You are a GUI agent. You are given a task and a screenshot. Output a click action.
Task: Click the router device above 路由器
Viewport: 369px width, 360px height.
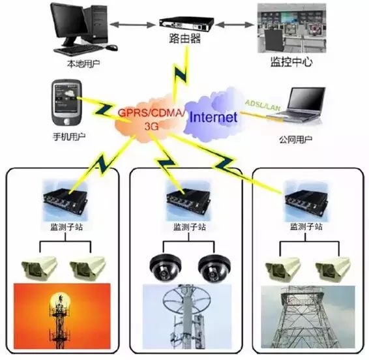pyautogui.click(x=186, y=24)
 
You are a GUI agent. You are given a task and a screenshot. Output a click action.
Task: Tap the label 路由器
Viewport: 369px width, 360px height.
pyautogui.click(x=185, y=38)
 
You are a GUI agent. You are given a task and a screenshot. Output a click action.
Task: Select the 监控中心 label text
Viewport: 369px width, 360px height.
pyautogui.click(x=291, y=62)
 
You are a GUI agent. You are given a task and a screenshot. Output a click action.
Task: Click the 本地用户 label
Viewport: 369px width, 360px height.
pyautogui.click(x=83, y=64)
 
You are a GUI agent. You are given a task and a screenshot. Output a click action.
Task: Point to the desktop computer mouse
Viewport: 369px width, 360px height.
pyautogui.click(x=111, y=48)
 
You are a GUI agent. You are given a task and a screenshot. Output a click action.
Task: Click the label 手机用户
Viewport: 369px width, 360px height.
pyautogui.click(x=69, y=136)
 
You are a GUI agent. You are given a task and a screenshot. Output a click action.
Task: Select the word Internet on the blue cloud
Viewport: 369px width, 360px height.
pyautogui.click(x=213, y=117)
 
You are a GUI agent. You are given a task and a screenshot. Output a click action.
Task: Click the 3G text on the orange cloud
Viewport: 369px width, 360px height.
pyautogui.click(x=151, y=127)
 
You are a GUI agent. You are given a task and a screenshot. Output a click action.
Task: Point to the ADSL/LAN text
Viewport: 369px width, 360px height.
pyautogui.click(x=263, y=105)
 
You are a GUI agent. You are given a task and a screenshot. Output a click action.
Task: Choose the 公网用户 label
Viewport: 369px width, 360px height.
pyautogui.click(x=295, y=140)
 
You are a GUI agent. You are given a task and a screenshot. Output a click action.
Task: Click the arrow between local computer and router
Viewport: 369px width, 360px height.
pyautogui.click(x=133, y=25)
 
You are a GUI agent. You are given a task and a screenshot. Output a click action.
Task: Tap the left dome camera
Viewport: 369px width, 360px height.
pyautogui.click(x=166, y=268)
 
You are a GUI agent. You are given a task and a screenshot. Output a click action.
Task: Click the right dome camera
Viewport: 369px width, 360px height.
pyautogui.click(x=214, y=268)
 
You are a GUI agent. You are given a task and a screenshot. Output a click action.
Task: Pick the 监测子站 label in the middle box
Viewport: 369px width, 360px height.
pyautogui.click(x=190, y=227)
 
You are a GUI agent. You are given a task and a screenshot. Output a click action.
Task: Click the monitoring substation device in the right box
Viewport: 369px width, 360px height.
pyautogui.click(x=306, y=202)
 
